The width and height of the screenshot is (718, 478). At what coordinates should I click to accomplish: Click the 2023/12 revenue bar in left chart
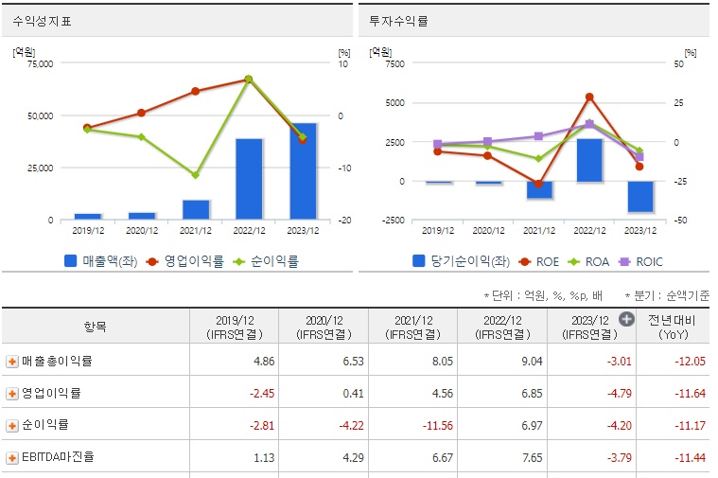coord(303,171)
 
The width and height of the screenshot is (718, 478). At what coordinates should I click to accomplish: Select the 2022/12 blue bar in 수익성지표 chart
coord(249,179)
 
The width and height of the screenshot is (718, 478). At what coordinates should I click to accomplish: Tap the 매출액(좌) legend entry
coord(105,260)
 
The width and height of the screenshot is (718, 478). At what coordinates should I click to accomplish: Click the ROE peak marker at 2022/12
coord(589,97)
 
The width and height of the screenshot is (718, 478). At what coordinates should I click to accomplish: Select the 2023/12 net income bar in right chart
coord(640,197)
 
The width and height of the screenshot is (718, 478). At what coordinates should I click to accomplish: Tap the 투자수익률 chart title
coord(397,20)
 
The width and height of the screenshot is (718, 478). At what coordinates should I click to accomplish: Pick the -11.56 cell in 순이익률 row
coord(412,425)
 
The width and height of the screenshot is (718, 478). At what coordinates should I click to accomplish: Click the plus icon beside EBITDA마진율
coord(12,457)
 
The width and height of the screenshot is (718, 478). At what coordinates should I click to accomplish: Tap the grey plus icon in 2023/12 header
coord(625,319)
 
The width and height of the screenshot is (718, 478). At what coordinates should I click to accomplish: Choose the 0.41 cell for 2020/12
coord(324,393)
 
